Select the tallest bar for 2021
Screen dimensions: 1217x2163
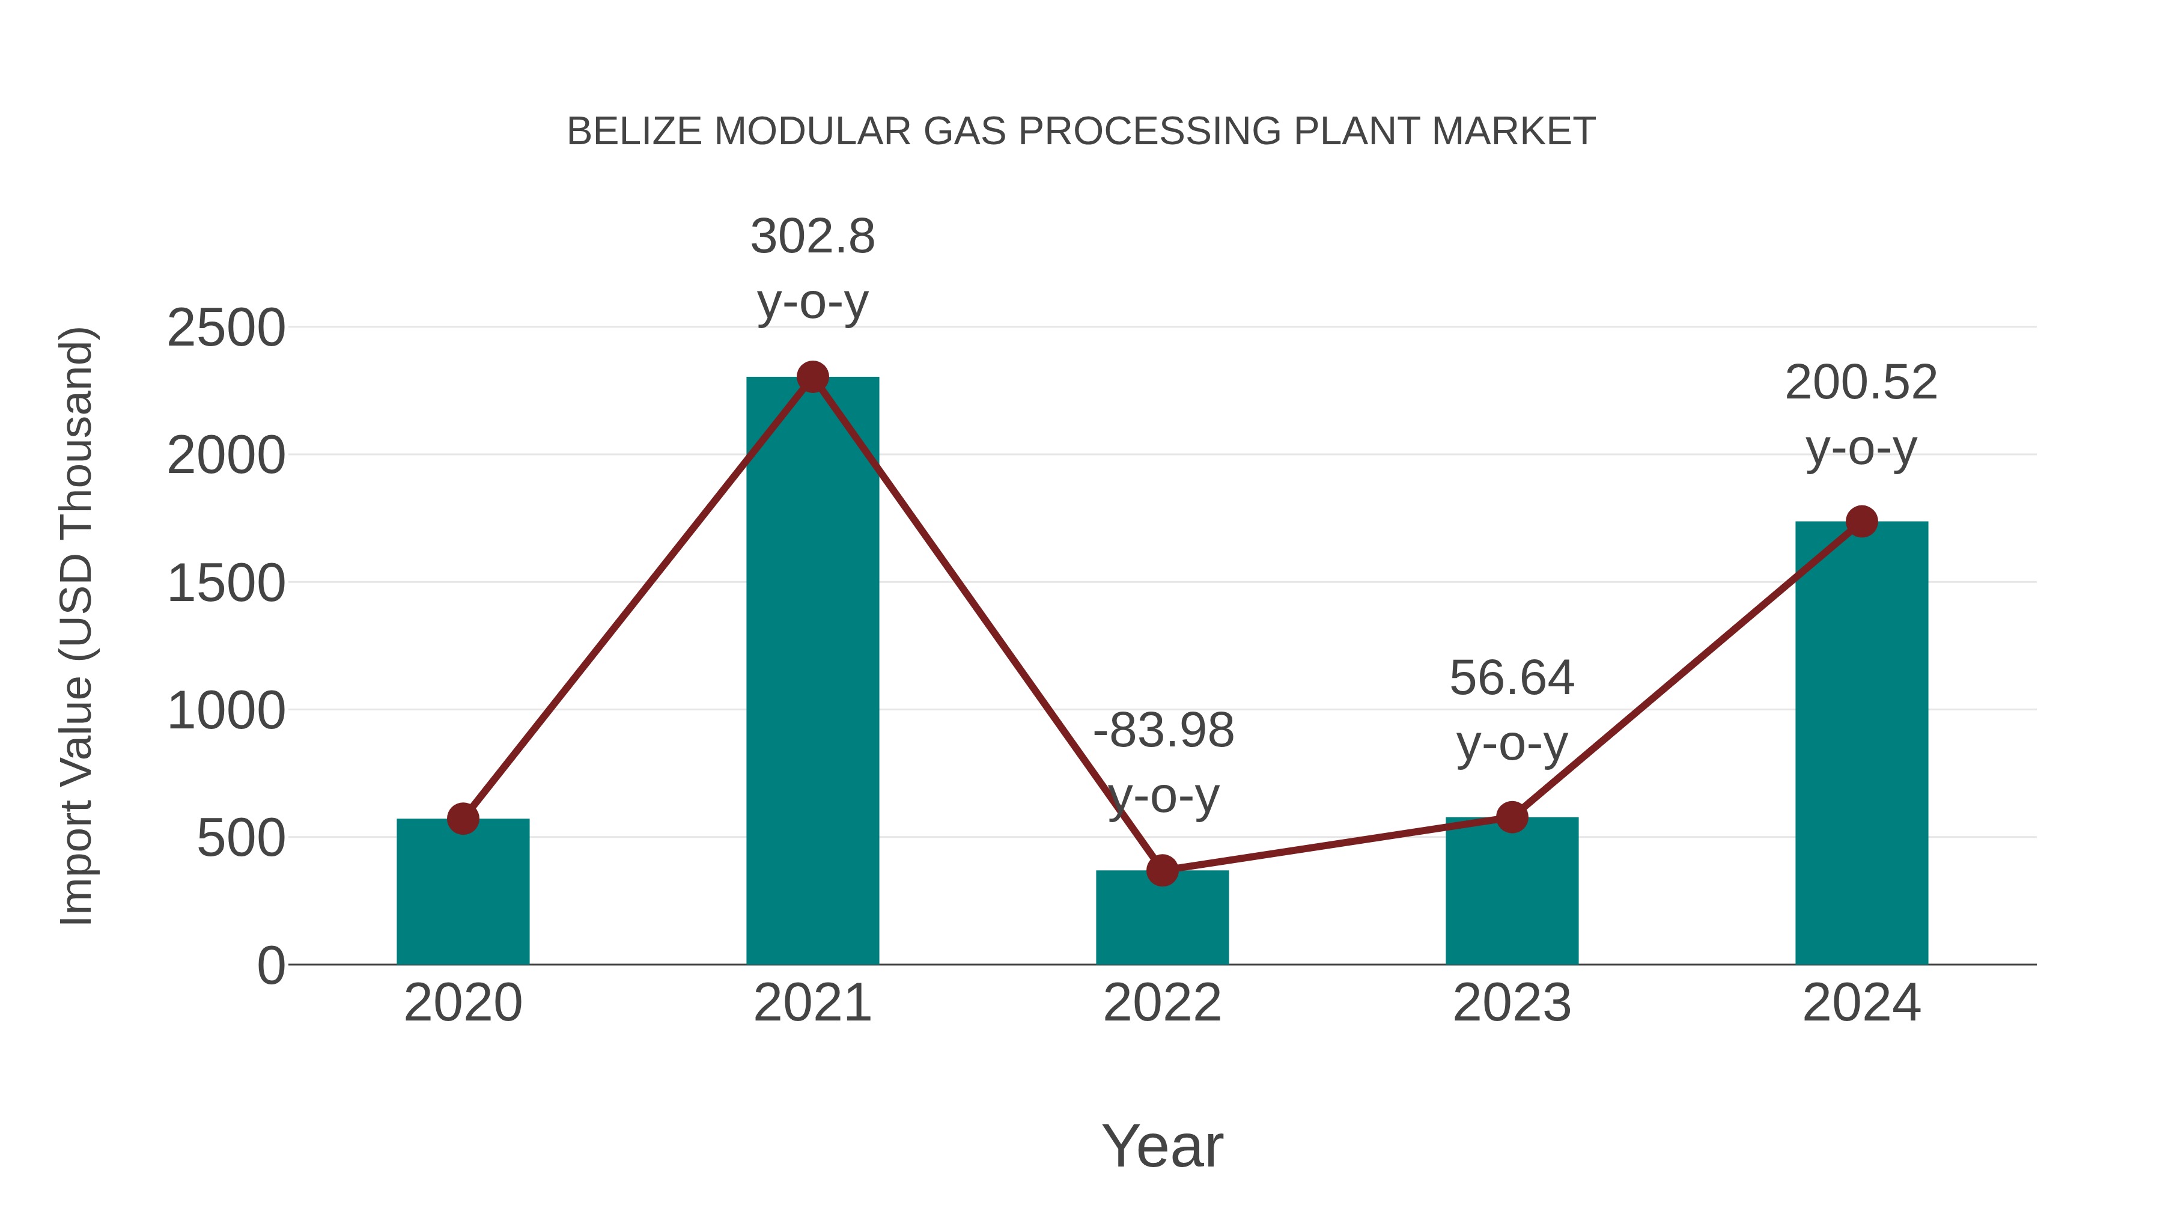pos(812,672)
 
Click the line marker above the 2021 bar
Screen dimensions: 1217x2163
pos(812,377)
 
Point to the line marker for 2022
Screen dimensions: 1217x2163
pos(1162,871)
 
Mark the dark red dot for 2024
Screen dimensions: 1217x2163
pos(1861,522)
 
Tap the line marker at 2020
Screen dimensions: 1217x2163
pos(463,818)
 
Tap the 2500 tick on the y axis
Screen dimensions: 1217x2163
pos(226,328)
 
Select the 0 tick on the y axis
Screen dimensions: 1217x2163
pos(270,965)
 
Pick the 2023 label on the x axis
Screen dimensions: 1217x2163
pos(1512,1003)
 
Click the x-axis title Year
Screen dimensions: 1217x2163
pos(1162,1145)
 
